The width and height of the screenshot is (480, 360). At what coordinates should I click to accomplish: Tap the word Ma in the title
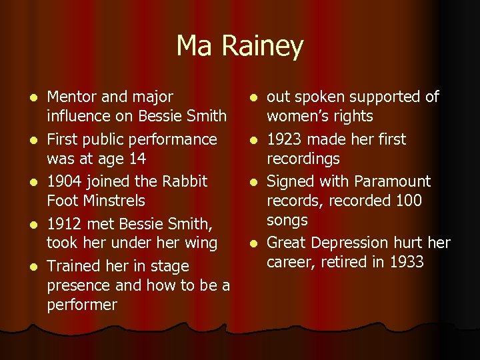[x=192, y=45]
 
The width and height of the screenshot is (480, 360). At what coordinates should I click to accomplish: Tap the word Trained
[x=74, y=266]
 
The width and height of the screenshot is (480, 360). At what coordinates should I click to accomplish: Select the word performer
[x=82, y=305]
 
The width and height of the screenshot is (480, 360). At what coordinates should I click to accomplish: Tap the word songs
[x=287, y=220]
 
